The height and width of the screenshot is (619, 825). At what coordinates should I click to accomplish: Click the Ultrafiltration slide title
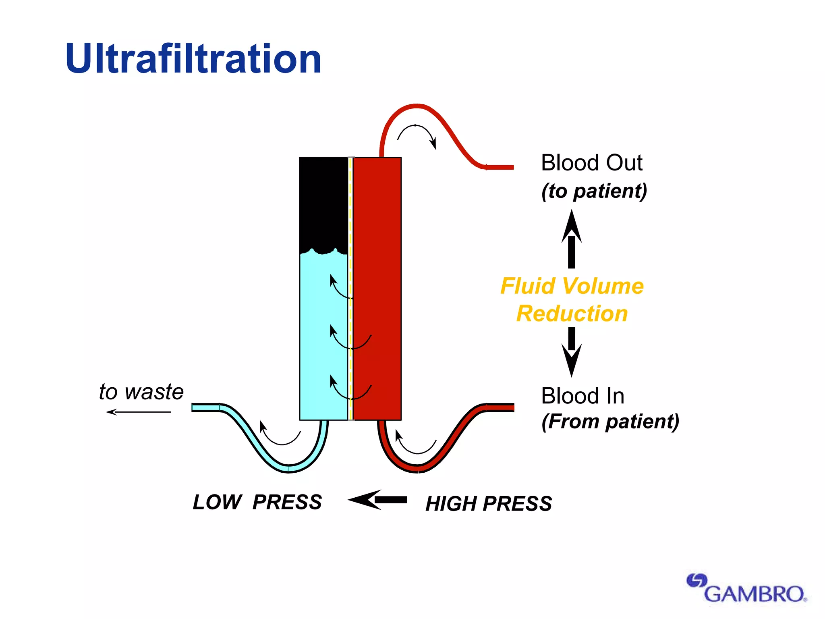pos(193,59)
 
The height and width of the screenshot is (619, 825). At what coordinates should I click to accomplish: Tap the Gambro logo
pos(747,589)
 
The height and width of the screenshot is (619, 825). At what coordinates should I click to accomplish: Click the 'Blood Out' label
pos(591,163)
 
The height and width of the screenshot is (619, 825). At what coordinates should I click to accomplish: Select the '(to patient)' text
pos(594,191)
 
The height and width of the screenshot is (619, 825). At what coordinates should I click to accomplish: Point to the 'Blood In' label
pos(582,396)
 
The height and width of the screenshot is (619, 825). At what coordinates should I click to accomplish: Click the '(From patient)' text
pos(610,422)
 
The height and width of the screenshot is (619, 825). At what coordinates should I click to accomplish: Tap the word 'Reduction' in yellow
pos(572,314)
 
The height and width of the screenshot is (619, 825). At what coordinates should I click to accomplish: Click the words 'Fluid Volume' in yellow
pos(572,286)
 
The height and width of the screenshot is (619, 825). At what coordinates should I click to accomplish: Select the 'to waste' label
pos(141,392)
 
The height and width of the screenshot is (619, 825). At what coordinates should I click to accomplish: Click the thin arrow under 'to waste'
pos(139,412)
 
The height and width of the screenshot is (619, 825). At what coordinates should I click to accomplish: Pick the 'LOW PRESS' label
pos(257,502)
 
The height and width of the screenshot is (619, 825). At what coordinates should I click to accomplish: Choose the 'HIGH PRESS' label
pos(489,504)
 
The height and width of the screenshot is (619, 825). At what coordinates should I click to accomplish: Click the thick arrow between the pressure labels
pos(377,500)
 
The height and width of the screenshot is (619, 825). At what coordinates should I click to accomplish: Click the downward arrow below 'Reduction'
pos(571,351)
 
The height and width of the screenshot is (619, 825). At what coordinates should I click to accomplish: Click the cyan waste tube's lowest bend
pos(288,468)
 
